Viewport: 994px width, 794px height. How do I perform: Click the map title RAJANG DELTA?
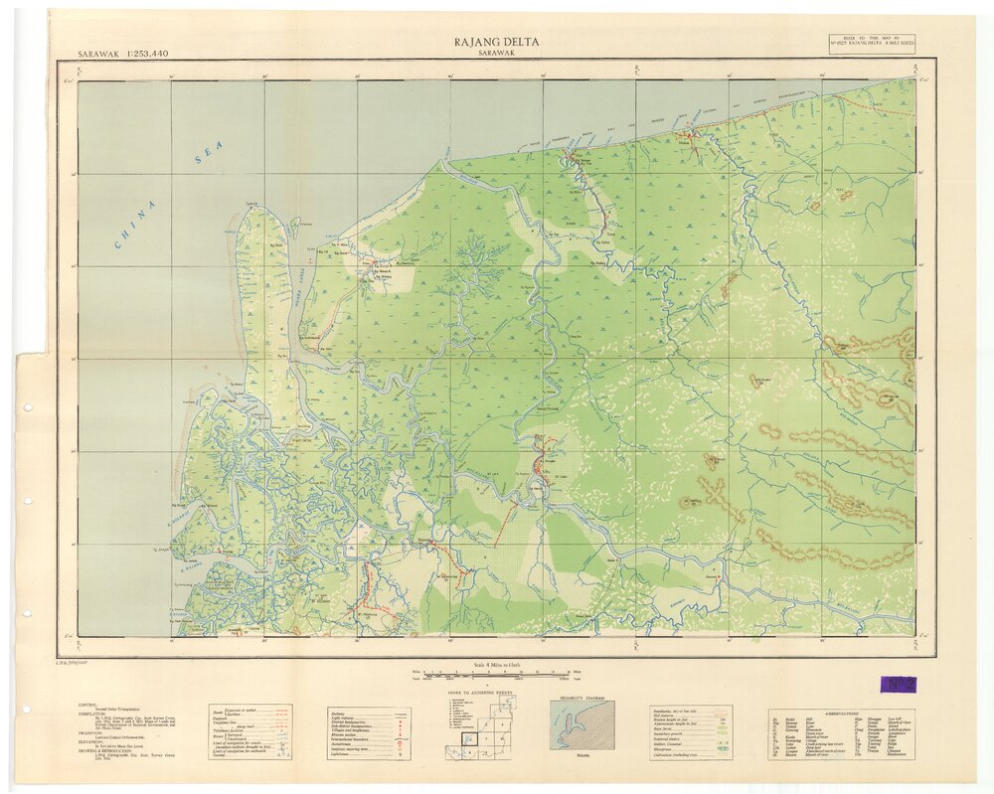(497, 42)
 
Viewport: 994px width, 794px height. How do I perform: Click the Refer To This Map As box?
(872, 45)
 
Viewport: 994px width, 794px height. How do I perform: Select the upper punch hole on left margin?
(27, 502)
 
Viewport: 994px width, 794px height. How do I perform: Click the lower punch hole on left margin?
(27, 613)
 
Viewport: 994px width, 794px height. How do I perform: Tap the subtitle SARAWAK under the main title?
(497, 54)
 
